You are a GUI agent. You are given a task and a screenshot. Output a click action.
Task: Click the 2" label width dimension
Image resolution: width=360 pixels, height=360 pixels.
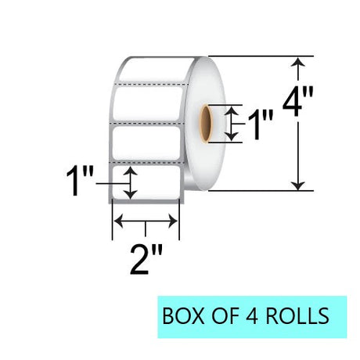point(146,260)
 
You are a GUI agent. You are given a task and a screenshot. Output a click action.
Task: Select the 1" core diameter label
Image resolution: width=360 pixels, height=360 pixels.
point(260,124)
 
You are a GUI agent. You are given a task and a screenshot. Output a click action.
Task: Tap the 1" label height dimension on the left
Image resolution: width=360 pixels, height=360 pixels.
point(80,181)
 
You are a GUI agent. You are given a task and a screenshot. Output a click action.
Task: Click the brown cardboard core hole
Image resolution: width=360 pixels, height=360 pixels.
point(206,124)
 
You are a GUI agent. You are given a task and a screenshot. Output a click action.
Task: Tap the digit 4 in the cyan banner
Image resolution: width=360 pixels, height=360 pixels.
point(251,316)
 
